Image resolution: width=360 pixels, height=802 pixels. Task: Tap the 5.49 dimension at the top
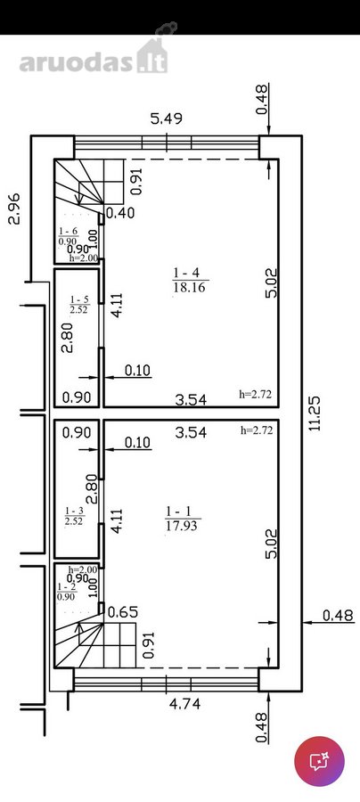point(167,119)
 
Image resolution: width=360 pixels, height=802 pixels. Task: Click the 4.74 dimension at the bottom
point(184,704)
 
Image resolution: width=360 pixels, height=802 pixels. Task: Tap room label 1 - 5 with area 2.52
point(80,304)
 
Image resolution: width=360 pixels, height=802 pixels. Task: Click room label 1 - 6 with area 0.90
point(68,236)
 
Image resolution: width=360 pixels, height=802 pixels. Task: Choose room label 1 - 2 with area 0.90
point(67,592)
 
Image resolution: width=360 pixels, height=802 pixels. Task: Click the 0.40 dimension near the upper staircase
point(120,213)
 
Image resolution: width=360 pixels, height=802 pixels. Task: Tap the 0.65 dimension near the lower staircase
point(122,611)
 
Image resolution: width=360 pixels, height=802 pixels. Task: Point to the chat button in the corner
point(320,762)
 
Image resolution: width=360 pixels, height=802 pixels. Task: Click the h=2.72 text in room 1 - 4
point(255,394)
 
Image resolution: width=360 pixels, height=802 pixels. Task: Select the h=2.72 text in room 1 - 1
point(257,430)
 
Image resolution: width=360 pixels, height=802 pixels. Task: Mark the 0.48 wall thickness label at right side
point(338,615)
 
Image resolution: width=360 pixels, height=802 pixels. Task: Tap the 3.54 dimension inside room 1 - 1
point(191,433)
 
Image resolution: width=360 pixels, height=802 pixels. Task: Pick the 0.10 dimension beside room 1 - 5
point(136,371)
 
